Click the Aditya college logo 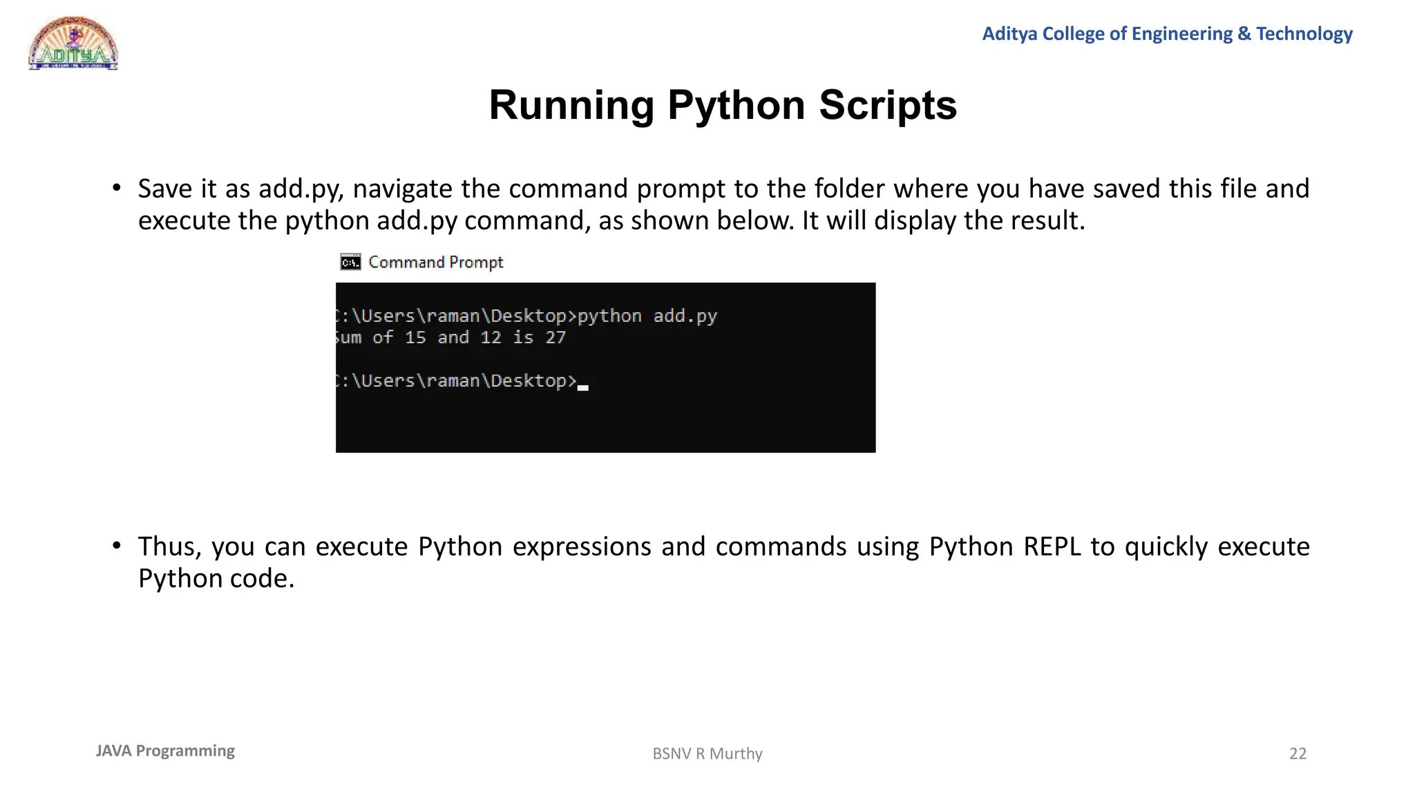click(x=73, y=44)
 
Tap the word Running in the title click(x=571, y=105)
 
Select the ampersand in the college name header click(x=1244, y=34)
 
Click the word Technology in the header click(x=1304, y=34)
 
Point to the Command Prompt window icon click(x=351, y=263)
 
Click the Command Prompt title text click(x=435, y=263)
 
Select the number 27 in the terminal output click(x=555, y=338)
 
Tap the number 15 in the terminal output click(x=415, y=338)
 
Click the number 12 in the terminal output click(x=491, y=338)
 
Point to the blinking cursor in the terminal click(x=583, y=388)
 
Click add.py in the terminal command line click(x=685, y=316)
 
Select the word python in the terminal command click(x=609, y=316)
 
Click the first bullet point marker click(x=117, y=188)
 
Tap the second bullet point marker click(x=117, y=546)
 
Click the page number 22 click(x=1298, y=754)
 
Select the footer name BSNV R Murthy click(x=707, y=754)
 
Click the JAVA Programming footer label click(x=165, y=751)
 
